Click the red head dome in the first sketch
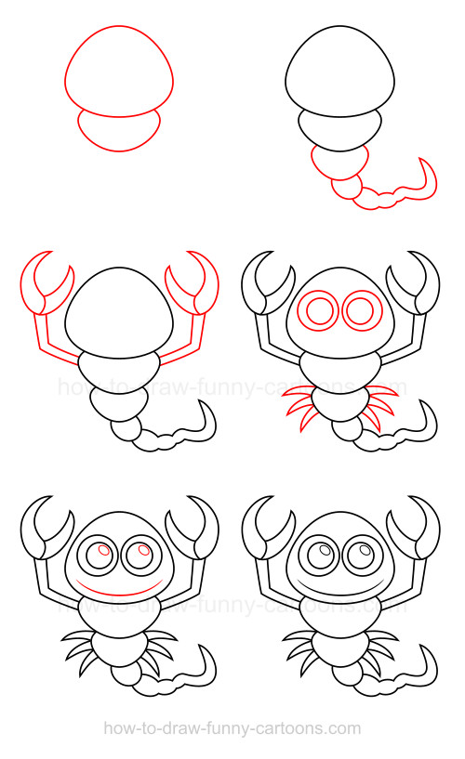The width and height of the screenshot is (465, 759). [118, 70]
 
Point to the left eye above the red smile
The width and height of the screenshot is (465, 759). [98, 556]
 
